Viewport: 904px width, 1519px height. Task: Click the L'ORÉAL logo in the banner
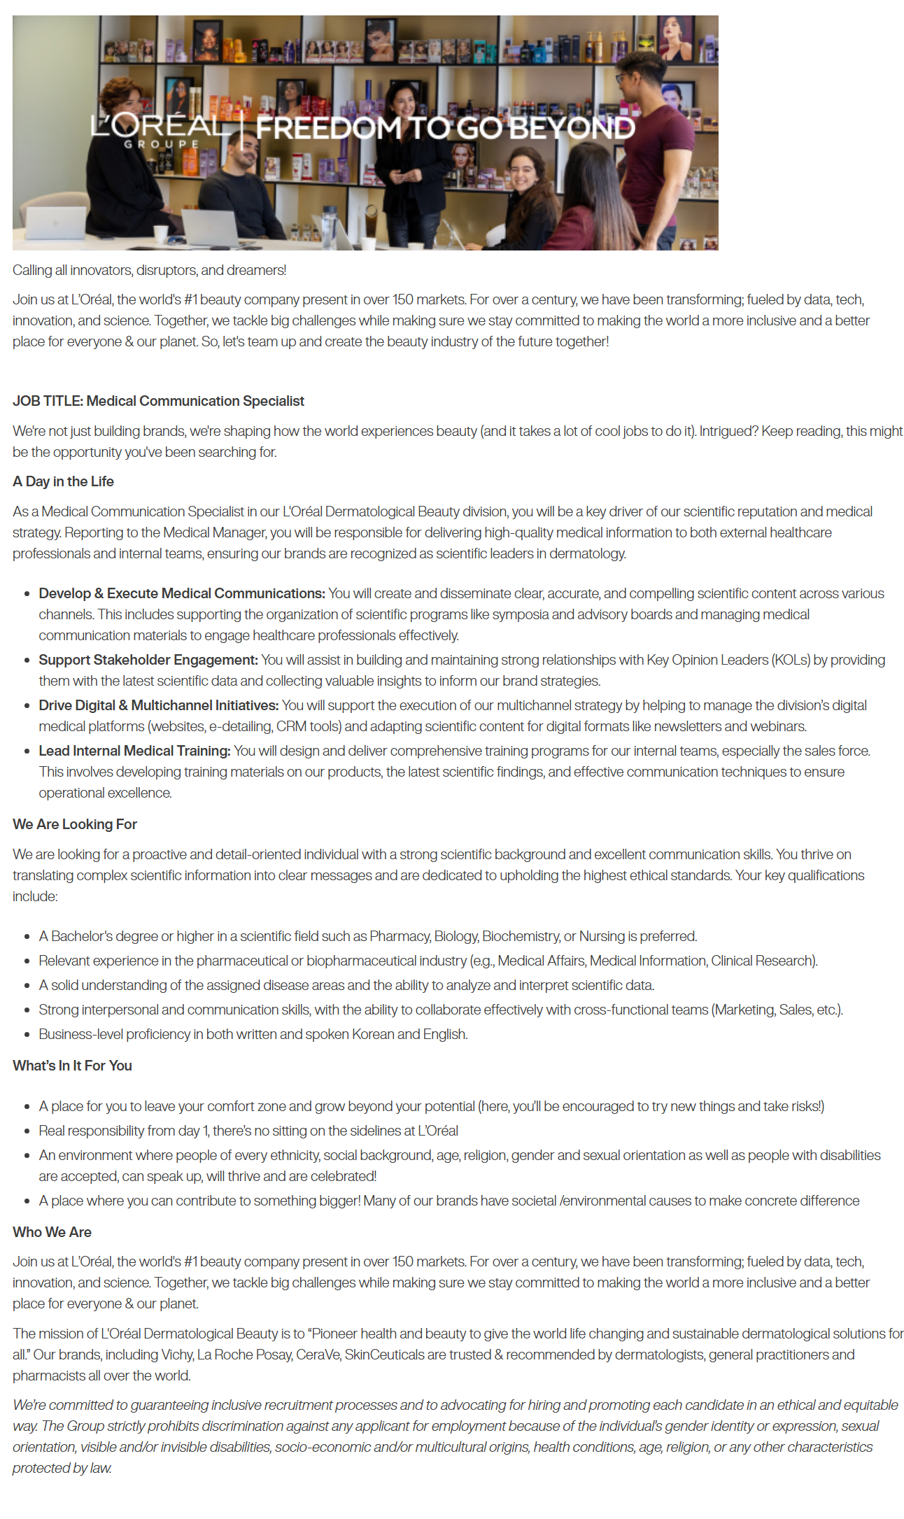click(160, 128)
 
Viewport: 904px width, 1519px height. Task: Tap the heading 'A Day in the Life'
click(63, 481)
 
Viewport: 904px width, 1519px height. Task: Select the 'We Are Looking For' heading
click(75, 824)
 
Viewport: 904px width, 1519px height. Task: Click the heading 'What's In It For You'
click(72, 1066)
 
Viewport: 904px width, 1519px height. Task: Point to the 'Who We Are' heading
click(52, 1232)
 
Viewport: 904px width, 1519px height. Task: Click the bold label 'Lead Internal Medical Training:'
click(134, 751)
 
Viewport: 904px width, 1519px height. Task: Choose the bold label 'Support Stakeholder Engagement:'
click(148, 660)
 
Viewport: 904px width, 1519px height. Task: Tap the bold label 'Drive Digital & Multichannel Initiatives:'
click(159, 705)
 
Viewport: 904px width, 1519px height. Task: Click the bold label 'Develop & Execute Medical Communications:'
click(182, 593)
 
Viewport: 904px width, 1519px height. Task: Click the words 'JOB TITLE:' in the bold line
click(48, 401)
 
